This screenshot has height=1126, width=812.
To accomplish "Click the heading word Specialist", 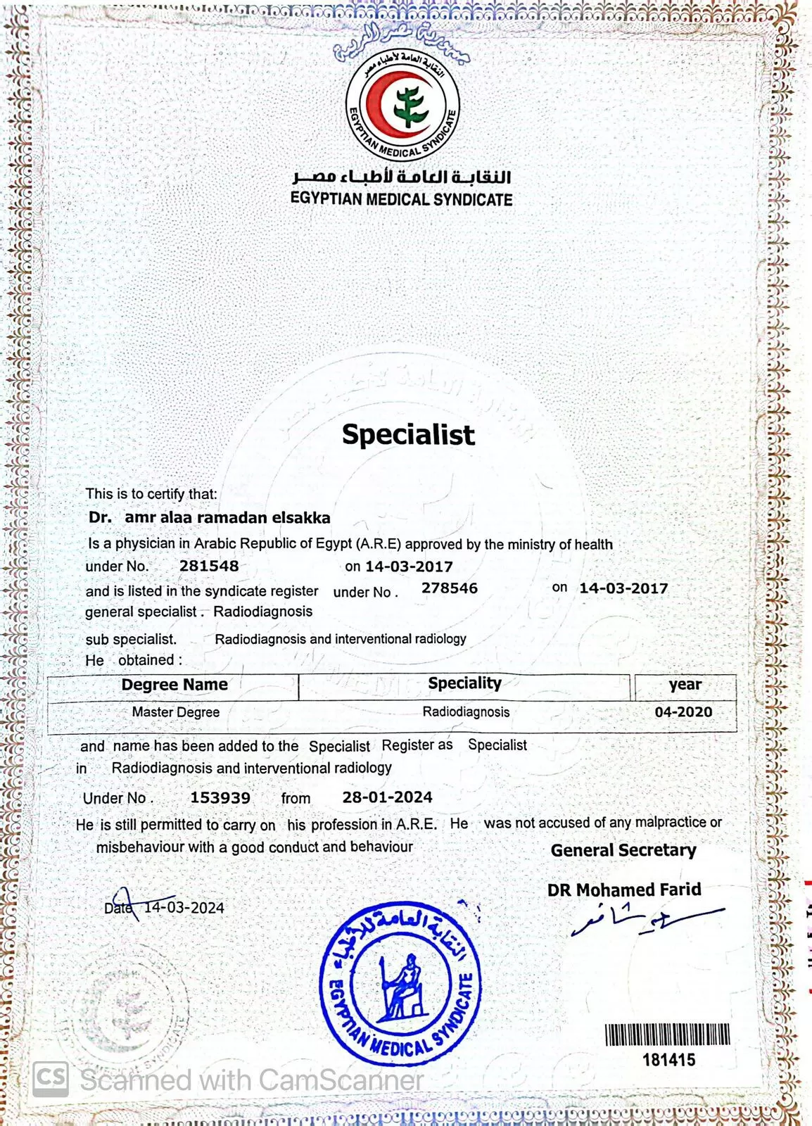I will point(408,434).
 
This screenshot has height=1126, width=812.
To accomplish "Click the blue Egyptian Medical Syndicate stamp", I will point(400,982).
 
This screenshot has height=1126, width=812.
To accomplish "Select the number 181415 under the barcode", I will point(668,1060).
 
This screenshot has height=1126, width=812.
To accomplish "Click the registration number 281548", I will point(209,566).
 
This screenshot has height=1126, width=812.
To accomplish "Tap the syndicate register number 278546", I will point(450,588).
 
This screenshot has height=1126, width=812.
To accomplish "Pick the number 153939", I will point(220,798).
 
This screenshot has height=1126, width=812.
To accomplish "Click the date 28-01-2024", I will point(387,797).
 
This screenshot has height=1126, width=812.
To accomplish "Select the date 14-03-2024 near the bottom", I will point(184,908).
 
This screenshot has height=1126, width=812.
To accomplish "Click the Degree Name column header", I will point(175,685).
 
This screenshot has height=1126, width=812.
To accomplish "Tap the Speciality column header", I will point(464,683).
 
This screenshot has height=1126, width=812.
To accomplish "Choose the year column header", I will point(685,685).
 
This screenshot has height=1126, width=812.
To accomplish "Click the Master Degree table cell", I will point(176,712).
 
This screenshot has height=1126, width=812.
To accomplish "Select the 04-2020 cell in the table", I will point(683,712).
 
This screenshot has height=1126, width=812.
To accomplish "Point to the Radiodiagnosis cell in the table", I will point(466,712).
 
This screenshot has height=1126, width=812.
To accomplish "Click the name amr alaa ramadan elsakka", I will point(227,518).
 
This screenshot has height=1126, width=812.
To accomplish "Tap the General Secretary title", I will point(623,850).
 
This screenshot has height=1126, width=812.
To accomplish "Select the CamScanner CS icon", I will point(51,1079).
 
